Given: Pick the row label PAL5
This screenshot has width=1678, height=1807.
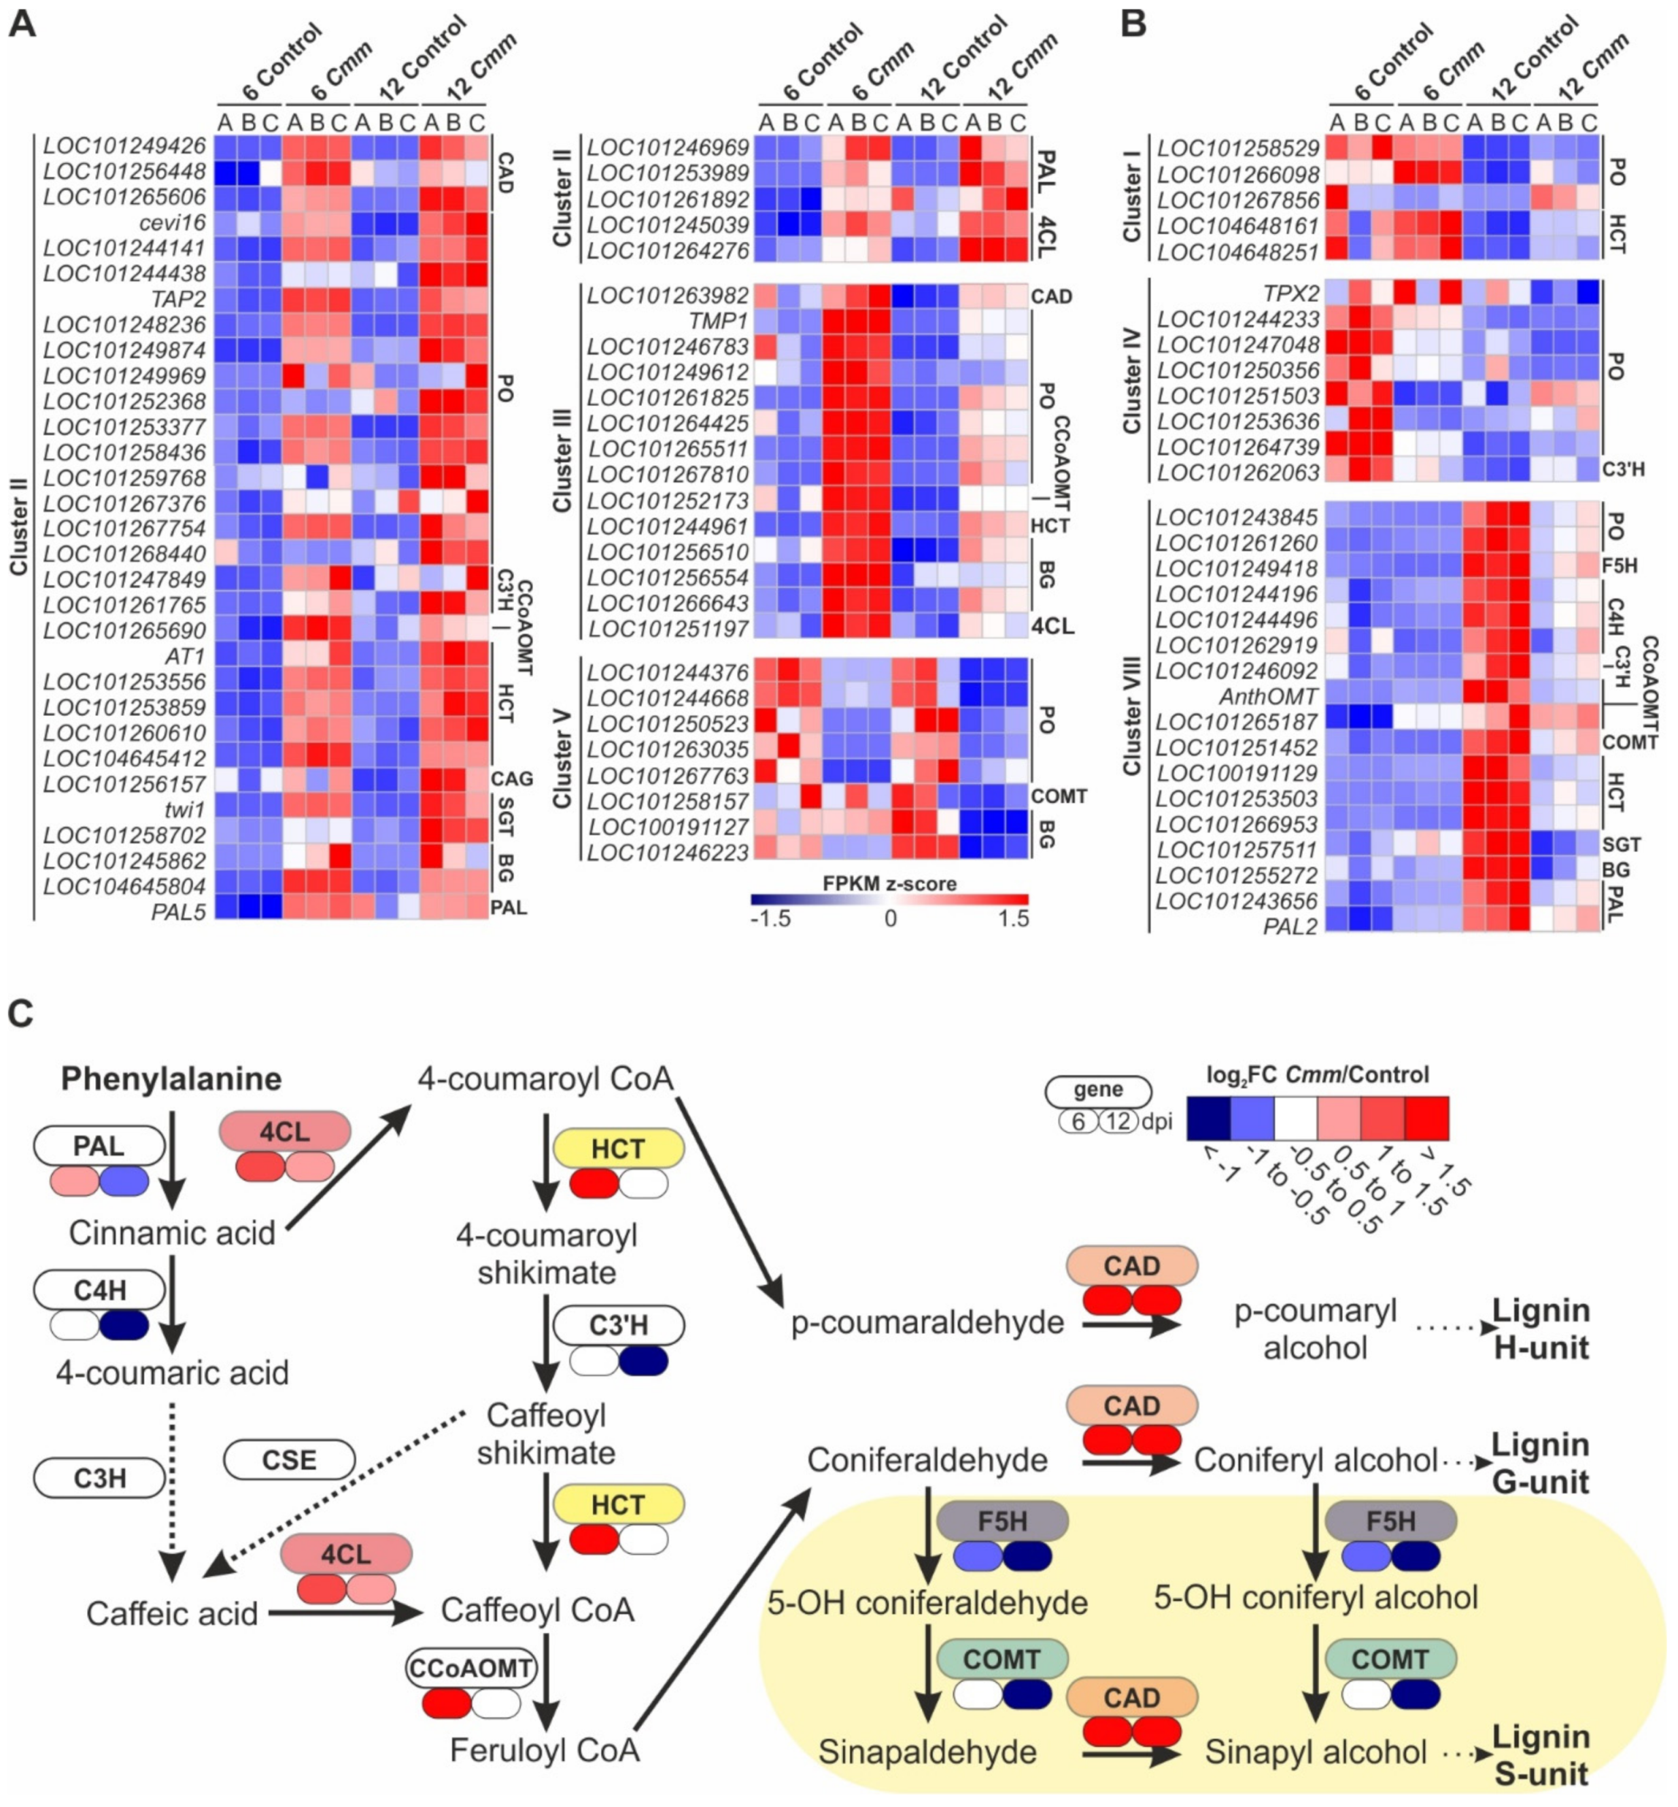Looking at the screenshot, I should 178,911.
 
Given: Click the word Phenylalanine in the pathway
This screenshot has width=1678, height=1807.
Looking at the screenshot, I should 171,1079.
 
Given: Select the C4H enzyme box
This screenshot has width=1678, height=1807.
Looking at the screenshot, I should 100,1290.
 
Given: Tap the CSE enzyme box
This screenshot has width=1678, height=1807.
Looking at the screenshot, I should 289,1460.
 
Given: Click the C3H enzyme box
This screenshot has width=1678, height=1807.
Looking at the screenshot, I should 100,1478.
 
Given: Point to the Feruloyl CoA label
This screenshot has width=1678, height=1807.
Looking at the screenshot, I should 545,1750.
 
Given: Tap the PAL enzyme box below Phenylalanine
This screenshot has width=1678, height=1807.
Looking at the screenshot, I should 99,1146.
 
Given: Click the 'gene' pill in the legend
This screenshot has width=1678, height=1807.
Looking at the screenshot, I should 1098,1090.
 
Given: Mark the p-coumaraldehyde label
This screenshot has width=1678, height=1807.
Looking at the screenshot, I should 927,1323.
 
